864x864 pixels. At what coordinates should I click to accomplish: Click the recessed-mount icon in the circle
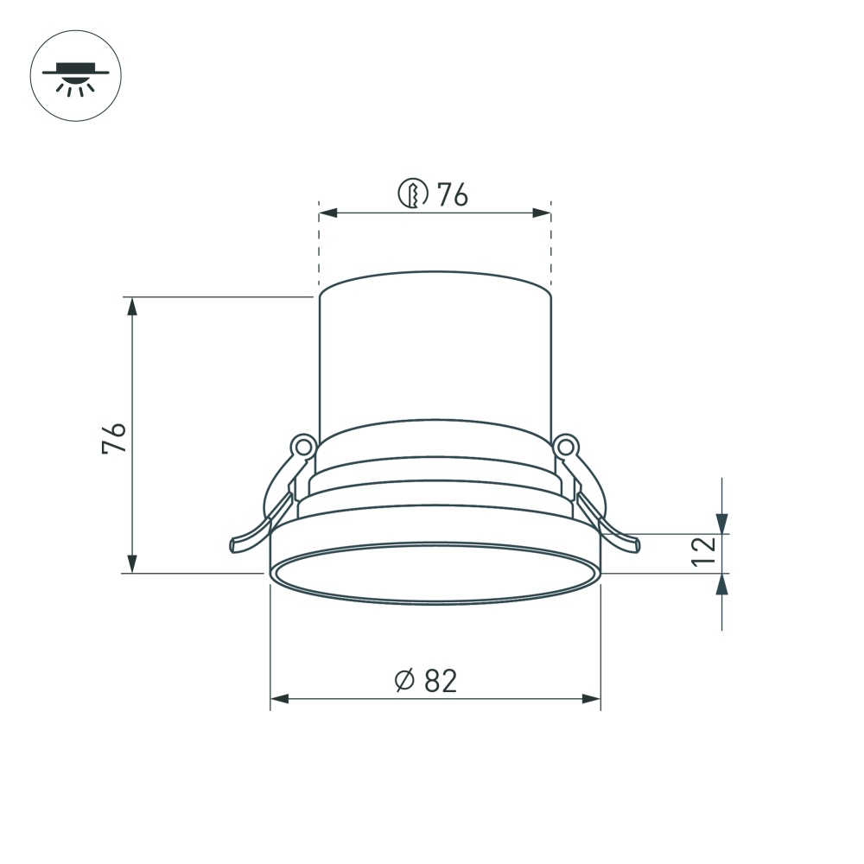[x=76, y=78]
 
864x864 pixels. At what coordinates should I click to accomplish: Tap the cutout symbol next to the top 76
[x=413, y=194]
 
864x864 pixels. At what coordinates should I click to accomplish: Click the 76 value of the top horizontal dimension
[x=452, y=195]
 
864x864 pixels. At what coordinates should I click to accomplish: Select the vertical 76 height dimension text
[x=115, y=438]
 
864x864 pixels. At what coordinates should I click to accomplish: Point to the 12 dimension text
[x=704, y=551]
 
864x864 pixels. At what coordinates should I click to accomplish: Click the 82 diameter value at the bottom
[x=440, y=681]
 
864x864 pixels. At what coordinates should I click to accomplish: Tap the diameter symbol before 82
[x=404, y=681]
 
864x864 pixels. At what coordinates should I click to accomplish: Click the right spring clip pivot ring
[x=566, y=447]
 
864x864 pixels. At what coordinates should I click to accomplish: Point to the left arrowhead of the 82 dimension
[x=279, y=698]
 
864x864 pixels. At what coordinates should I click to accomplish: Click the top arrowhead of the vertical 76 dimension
[x=131, y=307]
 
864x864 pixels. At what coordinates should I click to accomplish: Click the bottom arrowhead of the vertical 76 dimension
[x=131, y=563]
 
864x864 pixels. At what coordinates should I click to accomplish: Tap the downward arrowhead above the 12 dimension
[x=722, y=524]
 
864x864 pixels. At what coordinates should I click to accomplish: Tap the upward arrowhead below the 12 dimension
[x=722, y=584]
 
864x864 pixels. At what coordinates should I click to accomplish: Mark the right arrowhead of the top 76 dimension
[x=542, y=213]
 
